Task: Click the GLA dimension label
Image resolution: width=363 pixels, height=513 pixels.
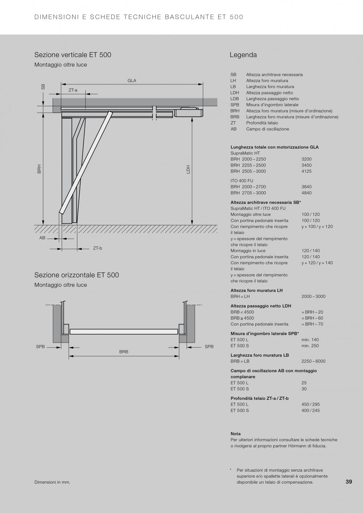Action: (132, 81)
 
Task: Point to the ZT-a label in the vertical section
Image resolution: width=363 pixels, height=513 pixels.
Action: (73, 90)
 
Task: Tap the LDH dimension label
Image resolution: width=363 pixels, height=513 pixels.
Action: (188, 169)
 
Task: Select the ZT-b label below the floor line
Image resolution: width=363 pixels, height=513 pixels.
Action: (98, 248)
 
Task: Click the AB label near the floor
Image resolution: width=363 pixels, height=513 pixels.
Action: (42, 238)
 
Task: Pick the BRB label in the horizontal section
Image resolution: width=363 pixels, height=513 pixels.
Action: (124, 352)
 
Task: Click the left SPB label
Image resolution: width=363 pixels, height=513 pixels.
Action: (40, 346)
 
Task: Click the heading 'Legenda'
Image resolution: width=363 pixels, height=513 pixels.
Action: (243, 55)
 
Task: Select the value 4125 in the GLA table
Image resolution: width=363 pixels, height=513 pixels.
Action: (306, 171)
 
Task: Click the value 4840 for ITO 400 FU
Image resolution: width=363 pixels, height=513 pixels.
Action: (306, 193)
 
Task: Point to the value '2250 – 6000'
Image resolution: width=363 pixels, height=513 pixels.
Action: (313, 361)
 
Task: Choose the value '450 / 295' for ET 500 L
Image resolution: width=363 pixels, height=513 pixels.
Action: (310, 405)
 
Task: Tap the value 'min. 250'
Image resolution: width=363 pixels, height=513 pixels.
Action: (310, 346)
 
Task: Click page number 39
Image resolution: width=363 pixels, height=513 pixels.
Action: (349, 482)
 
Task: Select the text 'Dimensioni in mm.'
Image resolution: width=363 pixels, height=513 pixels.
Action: (52, 482)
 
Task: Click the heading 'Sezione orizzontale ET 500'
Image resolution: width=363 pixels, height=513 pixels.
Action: (77, 275)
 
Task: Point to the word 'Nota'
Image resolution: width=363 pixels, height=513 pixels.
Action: (236, 434)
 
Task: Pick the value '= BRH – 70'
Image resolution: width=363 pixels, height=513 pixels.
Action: (312, 324)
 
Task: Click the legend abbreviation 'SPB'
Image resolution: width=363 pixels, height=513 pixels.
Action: (234, 105)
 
